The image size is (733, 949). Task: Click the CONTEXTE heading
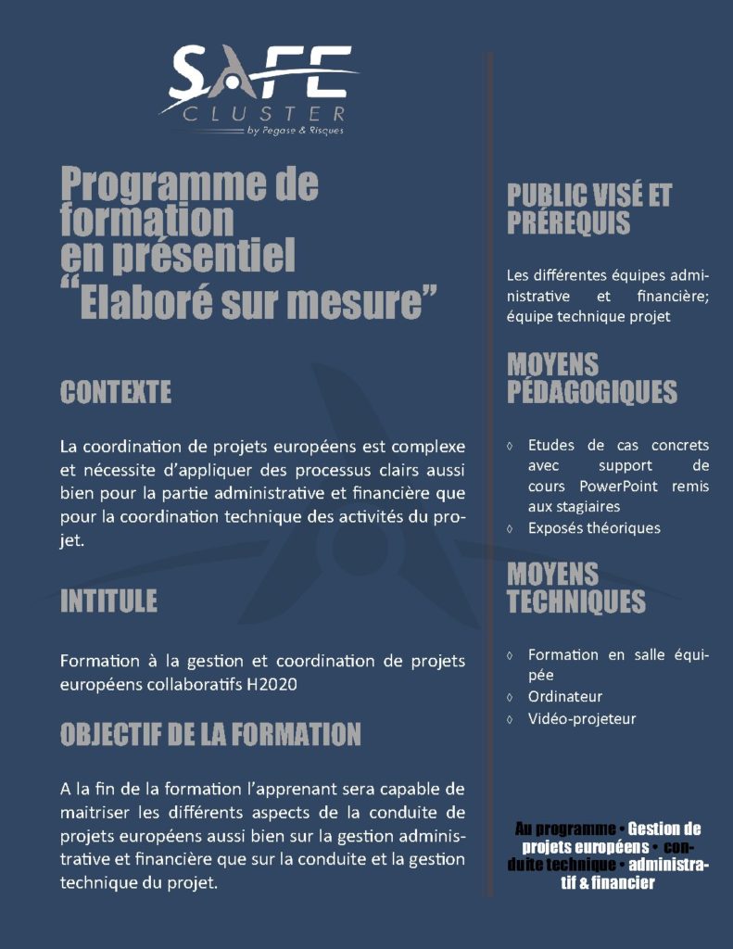(116, 392)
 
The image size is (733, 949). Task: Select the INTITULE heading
(108, 601)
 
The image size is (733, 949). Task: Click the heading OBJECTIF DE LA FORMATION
(210, 735)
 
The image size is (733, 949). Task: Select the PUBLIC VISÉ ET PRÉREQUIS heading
(588, 209)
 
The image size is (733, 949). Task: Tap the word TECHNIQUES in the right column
(575, 601)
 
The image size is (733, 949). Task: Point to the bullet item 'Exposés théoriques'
(594, 528)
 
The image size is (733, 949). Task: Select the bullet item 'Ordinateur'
(565, 697)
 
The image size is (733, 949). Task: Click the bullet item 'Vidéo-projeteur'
(582, 718)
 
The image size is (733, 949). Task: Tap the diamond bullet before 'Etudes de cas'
(511, 446)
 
